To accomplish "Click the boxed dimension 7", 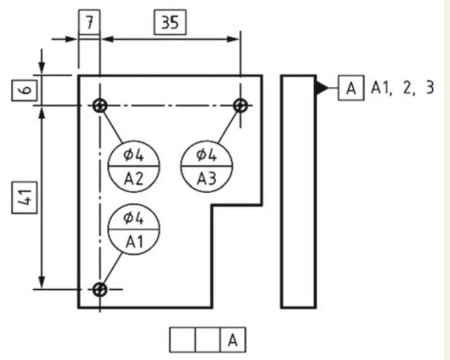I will coord(89,23).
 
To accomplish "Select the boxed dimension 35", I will coord(169,23).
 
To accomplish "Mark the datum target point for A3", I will coord(240,106).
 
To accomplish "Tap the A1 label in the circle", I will coord(134,242).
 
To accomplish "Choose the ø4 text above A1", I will coord(134,218).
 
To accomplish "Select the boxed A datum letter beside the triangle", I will coord(351,88).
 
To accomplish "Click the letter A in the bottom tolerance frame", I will coord(232,340).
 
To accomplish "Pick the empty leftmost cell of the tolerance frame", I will coord(182,340).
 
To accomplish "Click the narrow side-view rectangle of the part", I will coord(299,192).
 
